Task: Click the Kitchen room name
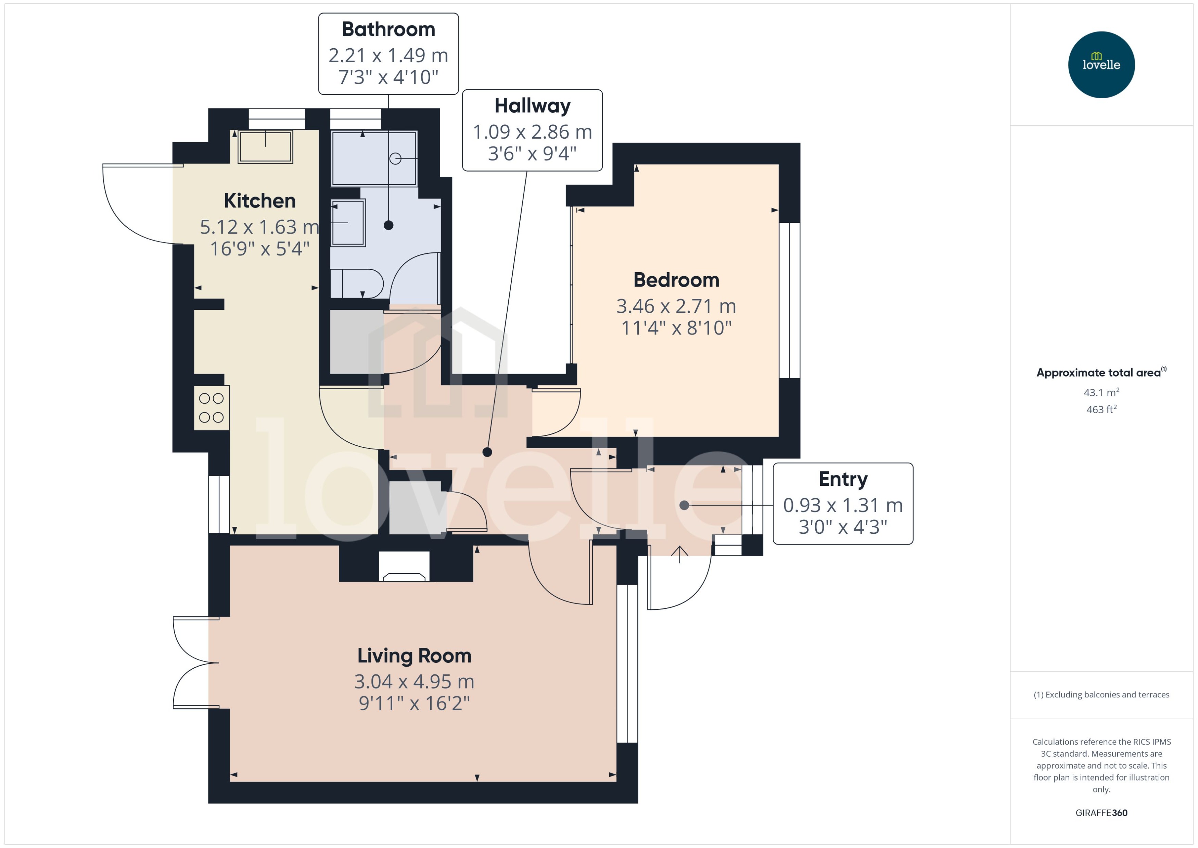[259, 201]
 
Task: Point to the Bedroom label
[676, 280]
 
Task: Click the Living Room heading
[414, 656]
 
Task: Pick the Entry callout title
[842, 479]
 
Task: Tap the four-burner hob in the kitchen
[212, 408]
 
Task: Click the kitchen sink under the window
[265, 147]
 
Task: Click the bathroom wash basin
[348, 223]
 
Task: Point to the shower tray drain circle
[395, 158]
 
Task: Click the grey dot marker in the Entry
[684, 505]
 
